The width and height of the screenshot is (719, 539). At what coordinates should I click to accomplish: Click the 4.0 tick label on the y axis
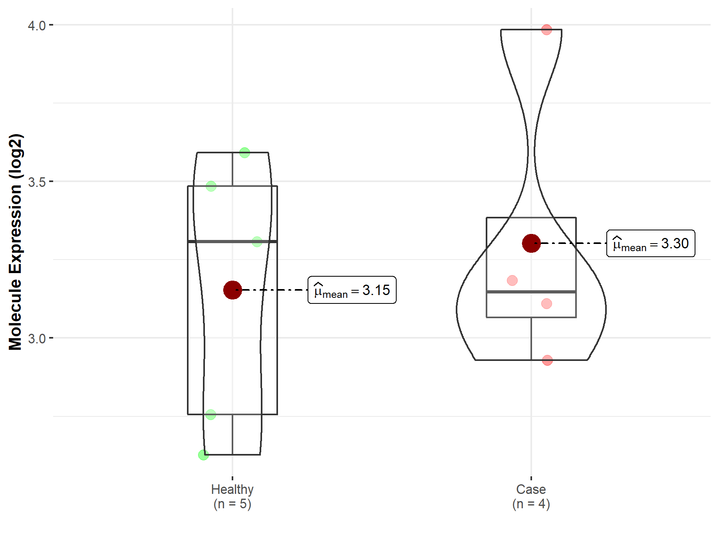point(37,26)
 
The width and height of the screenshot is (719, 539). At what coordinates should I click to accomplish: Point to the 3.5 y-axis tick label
point(37,182)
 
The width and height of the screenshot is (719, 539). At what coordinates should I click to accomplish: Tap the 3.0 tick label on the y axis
point(37,339)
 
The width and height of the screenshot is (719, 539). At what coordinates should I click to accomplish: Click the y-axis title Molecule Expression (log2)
point(15,242)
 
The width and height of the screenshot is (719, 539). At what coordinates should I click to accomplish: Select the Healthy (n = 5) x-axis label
point(232,496)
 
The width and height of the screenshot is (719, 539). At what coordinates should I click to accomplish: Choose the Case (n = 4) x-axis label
point(531,496)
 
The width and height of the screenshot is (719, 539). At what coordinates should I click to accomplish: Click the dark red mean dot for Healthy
point(232,290)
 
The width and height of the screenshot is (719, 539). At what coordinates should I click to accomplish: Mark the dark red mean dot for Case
point(531,243)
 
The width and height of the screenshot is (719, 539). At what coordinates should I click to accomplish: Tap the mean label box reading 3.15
point(352,290)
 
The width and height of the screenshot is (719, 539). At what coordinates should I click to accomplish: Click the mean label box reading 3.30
point(651,243)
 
